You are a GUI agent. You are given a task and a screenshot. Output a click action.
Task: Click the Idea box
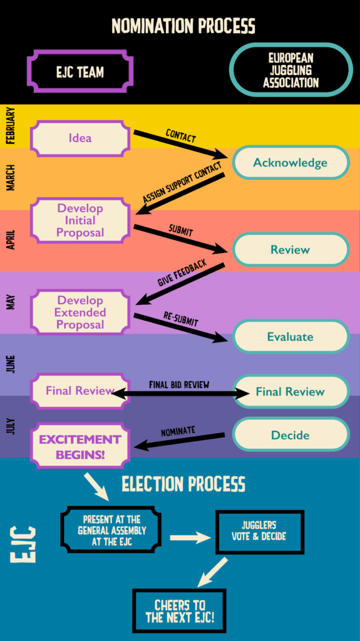click(x=80, y=138)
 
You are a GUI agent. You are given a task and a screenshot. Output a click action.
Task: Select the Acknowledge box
click(x=291, y=162)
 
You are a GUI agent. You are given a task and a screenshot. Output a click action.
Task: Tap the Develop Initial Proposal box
click(x=80, y=220)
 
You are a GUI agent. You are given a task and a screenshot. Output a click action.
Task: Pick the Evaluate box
click(x=291, y=336)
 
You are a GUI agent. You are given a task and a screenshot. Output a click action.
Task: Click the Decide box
click(x=291, y=434)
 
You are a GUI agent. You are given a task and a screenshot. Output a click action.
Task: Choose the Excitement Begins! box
click(x=80, y=446)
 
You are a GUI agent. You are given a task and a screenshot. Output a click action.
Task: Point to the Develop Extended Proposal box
click(x=80, y=313)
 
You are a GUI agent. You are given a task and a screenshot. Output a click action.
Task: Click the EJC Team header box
click(x=80, y=72)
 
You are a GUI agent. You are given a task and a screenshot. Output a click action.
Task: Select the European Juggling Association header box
click(x=291, y=70)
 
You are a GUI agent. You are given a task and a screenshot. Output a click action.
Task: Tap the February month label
click(x=11, y=125)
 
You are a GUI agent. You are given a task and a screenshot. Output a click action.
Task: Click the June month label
click(x=11, y=364)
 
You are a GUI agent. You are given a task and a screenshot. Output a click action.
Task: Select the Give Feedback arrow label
click(x=182, y=272)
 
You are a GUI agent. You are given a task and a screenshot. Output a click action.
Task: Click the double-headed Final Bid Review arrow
click(x=181, y=393)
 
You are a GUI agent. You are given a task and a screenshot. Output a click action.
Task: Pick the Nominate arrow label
click(x=178, y=431)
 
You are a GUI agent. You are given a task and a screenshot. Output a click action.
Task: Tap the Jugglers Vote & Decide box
click(x=259, y=532)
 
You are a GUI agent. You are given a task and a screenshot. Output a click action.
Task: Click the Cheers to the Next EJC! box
click(x=179, y=611)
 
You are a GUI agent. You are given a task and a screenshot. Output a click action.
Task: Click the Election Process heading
click(x=183, y=484)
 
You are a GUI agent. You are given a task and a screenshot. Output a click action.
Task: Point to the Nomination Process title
click(x=183, y=25)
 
